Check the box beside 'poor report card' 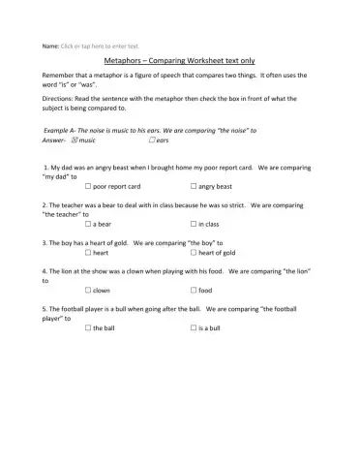point(88,185)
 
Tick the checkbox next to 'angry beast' point(194,185)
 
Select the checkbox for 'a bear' point(88,223)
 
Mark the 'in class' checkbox point(194,223)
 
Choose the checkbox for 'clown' point(88,290)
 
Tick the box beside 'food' point(194,290)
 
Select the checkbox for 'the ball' point(88,328)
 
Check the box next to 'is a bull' point(194,328)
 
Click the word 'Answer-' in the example point(54,139)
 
